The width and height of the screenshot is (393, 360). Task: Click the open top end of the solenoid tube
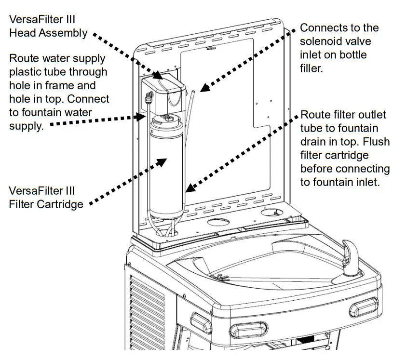[x=191, y=90]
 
